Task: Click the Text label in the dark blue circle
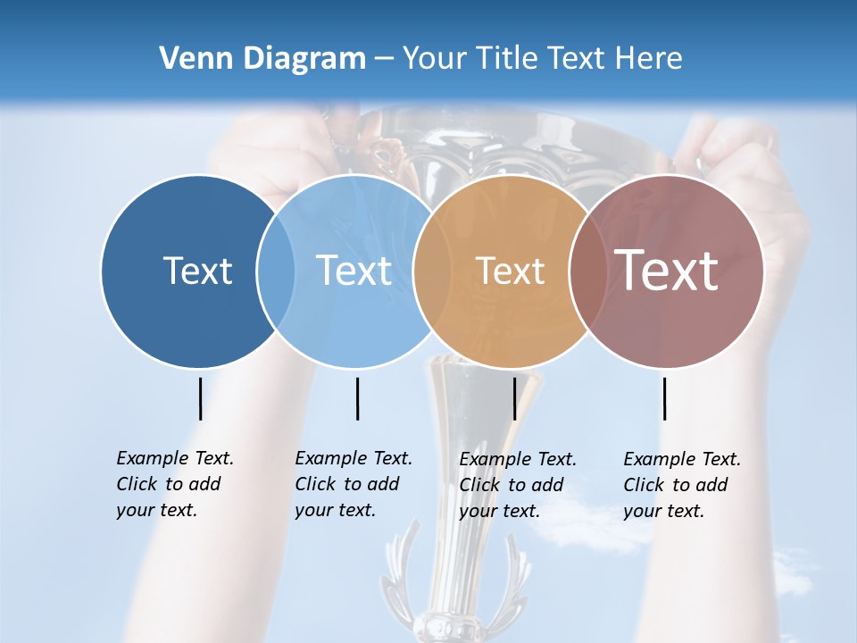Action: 197,271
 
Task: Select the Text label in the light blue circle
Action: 354,271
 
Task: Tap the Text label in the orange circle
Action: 510,271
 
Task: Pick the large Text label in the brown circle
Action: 667,271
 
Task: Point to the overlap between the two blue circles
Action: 276,271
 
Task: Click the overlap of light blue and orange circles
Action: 432,271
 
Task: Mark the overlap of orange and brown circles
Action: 587,271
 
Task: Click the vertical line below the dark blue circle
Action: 200,398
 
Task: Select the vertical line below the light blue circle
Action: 357,398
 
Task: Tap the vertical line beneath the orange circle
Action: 514,398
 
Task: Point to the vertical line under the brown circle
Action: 664,398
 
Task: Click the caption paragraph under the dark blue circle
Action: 174,484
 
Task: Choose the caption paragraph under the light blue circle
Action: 353,484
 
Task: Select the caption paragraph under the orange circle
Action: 517,485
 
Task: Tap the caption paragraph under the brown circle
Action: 681,485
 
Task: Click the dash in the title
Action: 384,59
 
